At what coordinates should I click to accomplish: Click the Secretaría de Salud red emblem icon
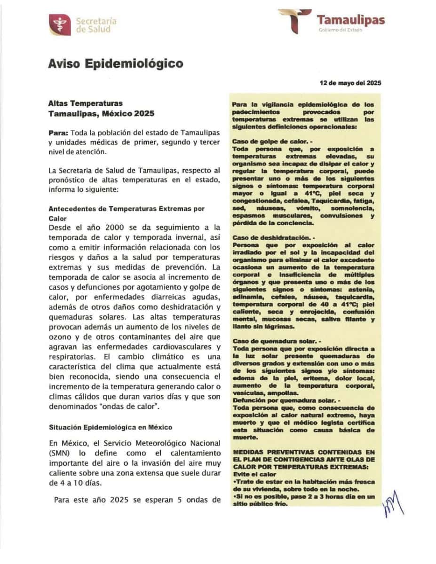pos(60,25)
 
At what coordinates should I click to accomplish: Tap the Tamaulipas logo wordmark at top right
pos(350,20)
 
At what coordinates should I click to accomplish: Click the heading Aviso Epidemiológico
pos(116,63)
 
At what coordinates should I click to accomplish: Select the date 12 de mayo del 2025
pos(350,83)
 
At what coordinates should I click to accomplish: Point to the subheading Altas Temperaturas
pos(86,103)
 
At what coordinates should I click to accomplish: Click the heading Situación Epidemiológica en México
pos(111,427)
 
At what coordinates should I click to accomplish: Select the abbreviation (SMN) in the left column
pos(59,453)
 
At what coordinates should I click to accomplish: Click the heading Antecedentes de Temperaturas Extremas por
pos(127,208)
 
